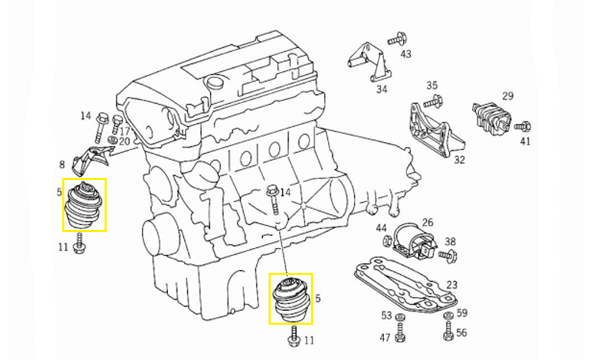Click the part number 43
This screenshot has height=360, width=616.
(x=406, y=54)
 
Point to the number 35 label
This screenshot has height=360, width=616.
(x=432, y=85)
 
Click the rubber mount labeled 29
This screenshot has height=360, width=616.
(x=492, y=116)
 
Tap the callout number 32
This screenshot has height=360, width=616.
(x=460, y=160)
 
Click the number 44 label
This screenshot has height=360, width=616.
(x=381, y=228)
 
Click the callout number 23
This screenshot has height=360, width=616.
(x=452, y=285)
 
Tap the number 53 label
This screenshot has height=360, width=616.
(x=386, y=316)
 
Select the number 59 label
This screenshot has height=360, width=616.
(x=462, y=313)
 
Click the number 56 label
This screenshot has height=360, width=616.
(x=462, y=333)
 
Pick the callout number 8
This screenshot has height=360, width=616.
(x=62, y=165)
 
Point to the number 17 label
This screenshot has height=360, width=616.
(x=125, y=130)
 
